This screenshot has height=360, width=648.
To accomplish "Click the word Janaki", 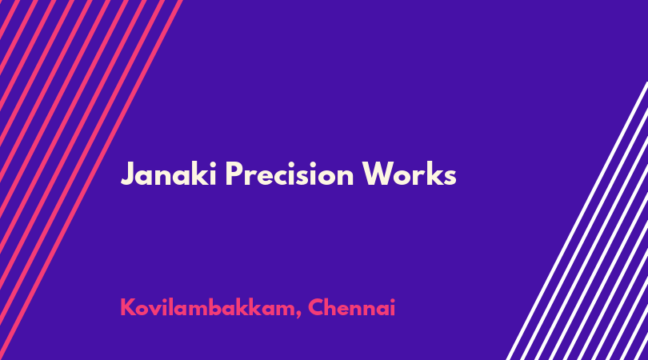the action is click(169, 174).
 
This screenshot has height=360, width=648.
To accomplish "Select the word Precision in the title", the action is click(290, 174).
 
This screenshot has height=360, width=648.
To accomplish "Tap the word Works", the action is click(409, 174).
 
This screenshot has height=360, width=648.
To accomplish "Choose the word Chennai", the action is click(352, 307).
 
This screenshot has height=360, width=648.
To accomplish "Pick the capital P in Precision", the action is click(234, 174).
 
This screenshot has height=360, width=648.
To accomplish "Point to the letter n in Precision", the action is click(345, 177).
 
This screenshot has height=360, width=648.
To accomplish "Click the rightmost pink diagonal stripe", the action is click(91, 180).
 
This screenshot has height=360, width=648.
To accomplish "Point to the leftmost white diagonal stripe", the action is click(578, 221).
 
